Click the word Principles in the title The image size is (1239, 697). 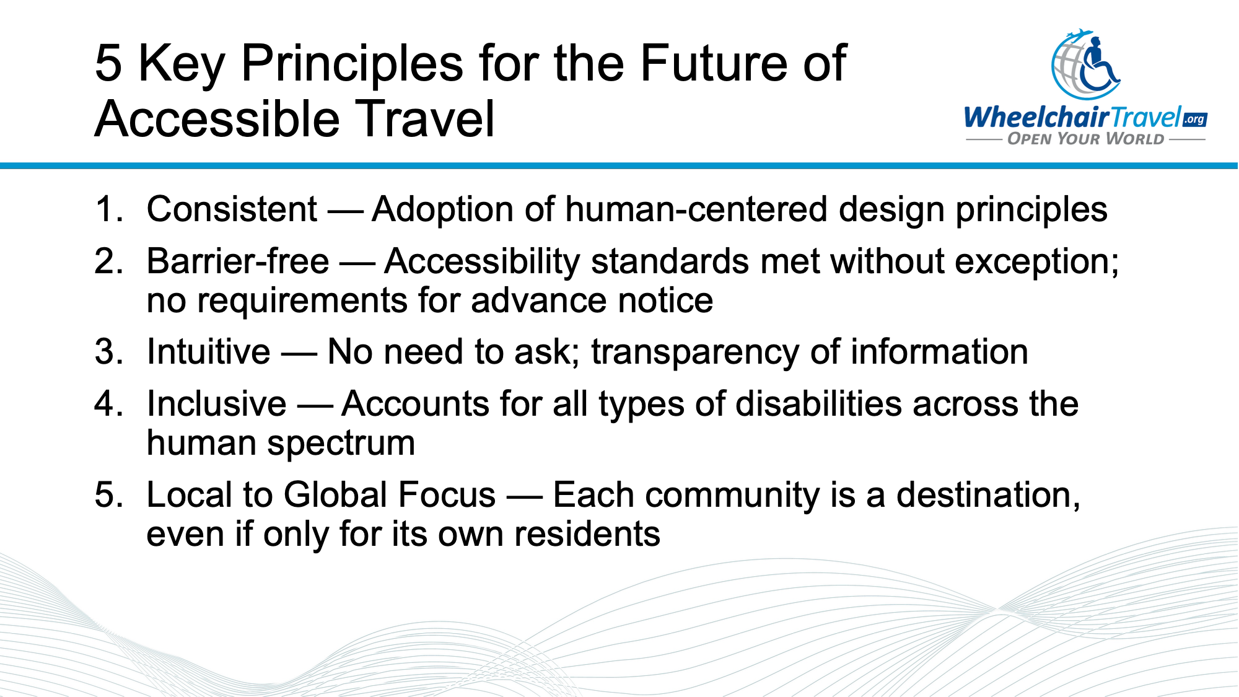pyautogui.click(x=351, y=63)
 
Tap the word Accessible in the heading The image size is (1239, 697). pyautogui.click(x=217, y=119)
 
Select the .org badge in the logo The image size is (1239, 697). pyautogui.click(x=1194, y=119)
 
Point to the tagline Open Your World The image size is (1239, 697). pyautogui.click(x=1085, y=139)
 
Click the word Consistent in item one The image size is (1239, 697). pyautogui.click(x=232, y=209)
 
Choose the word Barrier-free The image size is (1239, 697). pyautogui.click(x=237, y=261)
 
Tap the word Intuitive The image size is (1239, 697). pyautogui.click(x=208, y=352)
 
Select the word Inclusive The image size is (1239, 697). pyautogui.click(x=216, y=404)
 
